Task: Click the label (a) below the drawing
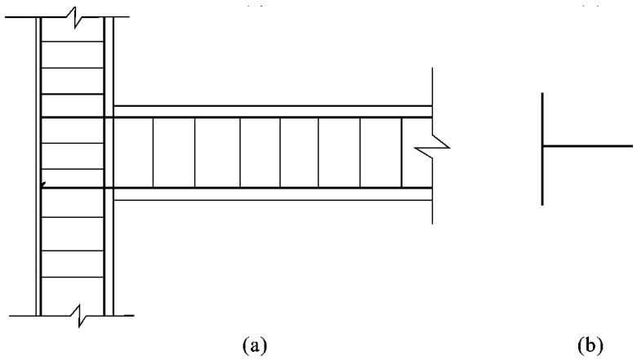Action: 254,345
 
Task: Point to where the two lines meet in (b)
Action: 542,147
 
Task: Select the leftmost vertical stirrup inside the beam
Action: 155,153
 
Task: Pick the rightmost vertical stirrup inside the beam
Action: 401,153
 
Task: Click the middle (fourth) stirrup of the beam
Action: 280,153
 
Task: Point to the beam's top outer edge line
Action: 269,106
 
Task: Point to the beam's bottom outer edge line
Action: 269,199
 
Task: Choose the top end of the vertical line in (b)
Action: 542,94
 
